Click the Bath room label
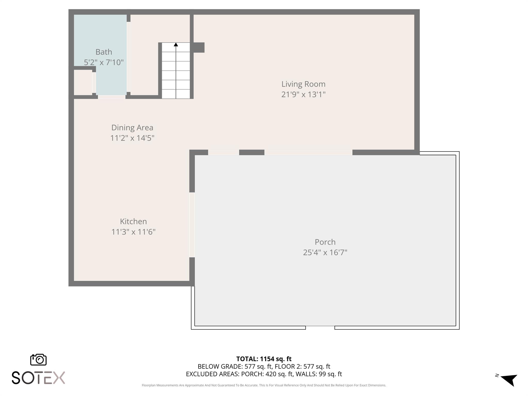[104, 52]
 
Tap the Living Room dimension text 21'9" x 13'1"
[303, 95]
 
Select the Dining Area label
[132, 128]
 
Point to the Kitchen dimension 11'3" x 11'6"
[133, 232]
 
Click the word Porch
[325, 242]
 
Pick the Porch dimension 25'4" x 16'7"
[325, 252]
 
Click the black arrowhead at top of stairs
[176, 45]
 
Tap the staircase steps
[176, 75]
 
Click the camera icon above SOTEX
[38, 359]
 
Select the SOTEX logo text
[38, 378]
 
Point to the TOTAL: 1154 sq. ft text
[264, 359]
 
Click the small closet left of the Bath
[83, 82]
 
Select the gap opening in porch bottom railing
[320, 328]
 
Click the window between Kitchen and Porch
[192, 225]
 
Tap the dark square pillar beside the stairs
[199, 47]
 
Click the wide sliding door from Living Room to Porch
[308, 152]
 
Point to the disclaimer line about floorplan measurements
[264, 385]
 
